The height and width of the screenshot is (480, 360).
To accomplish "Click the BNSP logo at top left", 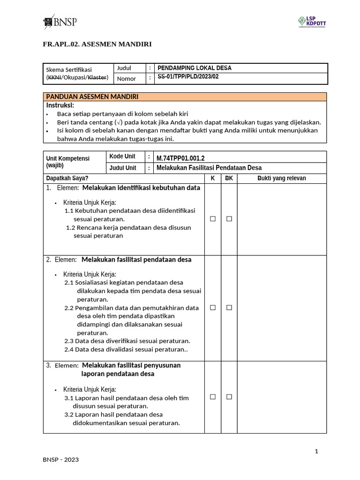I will click(x=60, y=22).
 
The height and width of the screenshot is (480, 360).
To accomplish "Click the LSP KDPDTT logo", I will click(x=312, y=22).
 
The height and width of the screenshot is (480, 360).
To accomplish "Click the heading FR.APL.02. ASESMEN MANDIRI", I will click(x=97, y=44).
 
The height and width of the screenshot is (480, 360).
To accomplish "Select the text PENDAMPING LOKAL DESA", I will click(x=195, y=68).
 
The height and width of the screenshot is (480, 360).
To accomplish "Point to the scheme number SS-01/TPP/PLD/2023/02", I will click(x=188, y=77).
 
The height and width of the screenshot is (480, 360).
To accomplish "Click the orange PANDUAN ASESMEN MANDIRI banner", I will click(x=185, y=97).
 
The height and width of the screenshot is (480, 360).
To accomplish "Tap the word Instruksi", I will click(x=60, y=105).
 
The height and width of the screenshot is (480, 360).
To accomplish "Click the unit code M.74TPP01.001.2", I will click(x=180, y=157).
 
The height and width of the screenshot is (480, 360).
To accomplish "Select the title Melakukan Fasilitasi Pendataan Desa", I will click(x=209, y=168).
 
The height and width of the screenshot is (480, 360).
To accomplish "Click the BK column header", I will click(x=229, y=178).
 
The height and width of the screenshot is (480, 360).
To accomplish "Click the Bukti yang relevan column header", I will click(x=282, y=178).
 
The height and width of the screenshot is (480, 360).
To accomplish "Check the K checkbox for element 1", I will click(x=212, y=219).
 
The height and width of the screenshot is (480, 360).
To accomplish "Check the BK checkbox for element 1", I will click(x=229, y=219).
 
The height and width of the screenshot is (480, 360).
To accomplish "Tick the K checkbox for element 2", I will click(x=212, y=307).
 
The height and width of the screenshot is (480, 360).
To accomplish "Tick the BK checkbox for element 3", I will click(x=229, y=397).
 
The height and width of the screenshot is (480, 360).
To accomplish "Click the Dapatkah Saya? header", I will click(x=67, y=178).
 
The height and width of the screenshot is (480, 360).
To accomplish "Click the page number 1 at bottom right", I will click(x=316, y=451).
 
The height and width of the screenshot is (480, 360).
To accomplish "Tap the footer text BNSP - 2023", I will click(x=61, y=460).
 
